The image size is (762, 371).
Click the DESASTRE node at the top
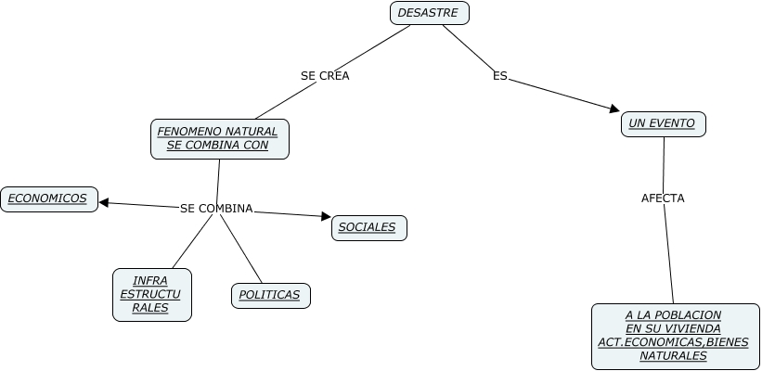tap(429, 13)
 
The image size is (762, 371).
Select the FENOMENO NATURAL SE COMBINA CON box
tap(219, 138)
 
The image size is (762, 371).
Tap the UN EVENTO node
tap(663, 123)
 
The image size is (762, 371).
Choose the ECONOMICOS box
tap(48, 198)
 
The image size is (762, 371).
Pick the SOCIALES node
tap(368, 227)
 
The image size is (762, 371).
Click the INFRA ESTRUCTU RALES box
tap(151, 294)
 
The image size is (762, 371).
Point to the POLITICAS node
tap(270, 295)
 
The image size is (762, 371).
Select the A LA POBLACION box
tap(673, 336)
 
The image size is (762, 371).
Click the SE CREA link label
tap(325, 76)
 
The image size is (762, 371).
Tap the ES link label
tap(500, 76)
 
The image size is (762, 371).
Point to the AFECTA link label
tap(663, 198)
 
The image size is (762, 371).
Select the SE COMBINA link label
tap(216, 209)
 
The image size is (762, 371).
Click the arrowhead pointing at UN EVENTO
tap(614, 109)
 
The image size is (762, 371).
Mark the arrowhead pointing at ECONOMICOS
tap(103, 202)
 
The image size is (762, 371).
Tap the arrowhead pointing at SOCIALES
tap(326, 217)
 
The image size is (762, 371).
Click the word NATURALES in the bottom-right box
tap(673, 356)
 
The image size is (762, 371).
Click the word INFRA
tap(150, 280)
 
